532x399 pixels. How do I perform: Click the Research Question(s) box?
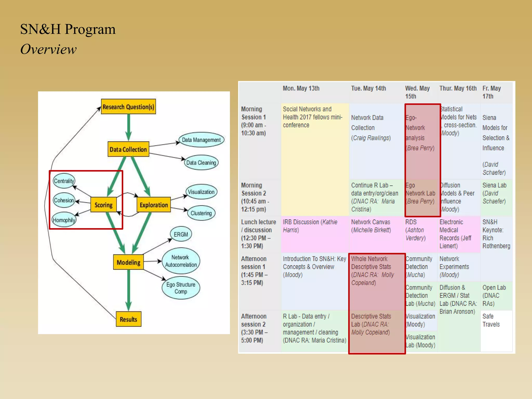[128, 107]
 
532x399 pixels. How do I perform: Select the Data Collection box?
[128, 149]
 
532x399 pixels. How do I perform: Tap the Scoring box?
[103, 205]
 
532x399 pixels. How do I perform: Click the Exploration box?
[154, 205]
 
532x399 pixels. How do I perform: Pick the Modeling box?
[128, 262]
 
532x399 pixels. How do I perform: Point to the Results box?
[128, 319]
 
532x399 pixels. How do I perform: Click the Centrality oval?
[64, 181]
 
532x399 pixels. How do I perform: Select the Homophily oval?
[64, 220]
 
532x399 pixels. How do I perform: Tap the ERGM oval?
[181, 234]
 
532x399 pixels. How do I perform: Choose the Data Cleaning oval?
[201, 163]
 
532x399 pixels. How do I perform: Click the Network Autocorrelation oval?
[181, 261]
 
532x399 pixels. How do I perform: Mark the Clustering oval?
[201, 213]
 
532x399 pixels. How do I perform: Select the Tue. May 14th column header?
[368, 89]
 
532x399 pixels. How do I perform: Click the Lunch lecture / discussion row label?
[258, 234]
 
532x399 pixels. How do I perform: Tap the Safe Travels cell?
[491, 320]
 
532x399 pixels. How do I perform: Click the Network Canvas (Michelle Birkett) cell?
[371, 226]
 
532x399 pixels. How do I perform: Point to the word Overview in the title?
[49, 49]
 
